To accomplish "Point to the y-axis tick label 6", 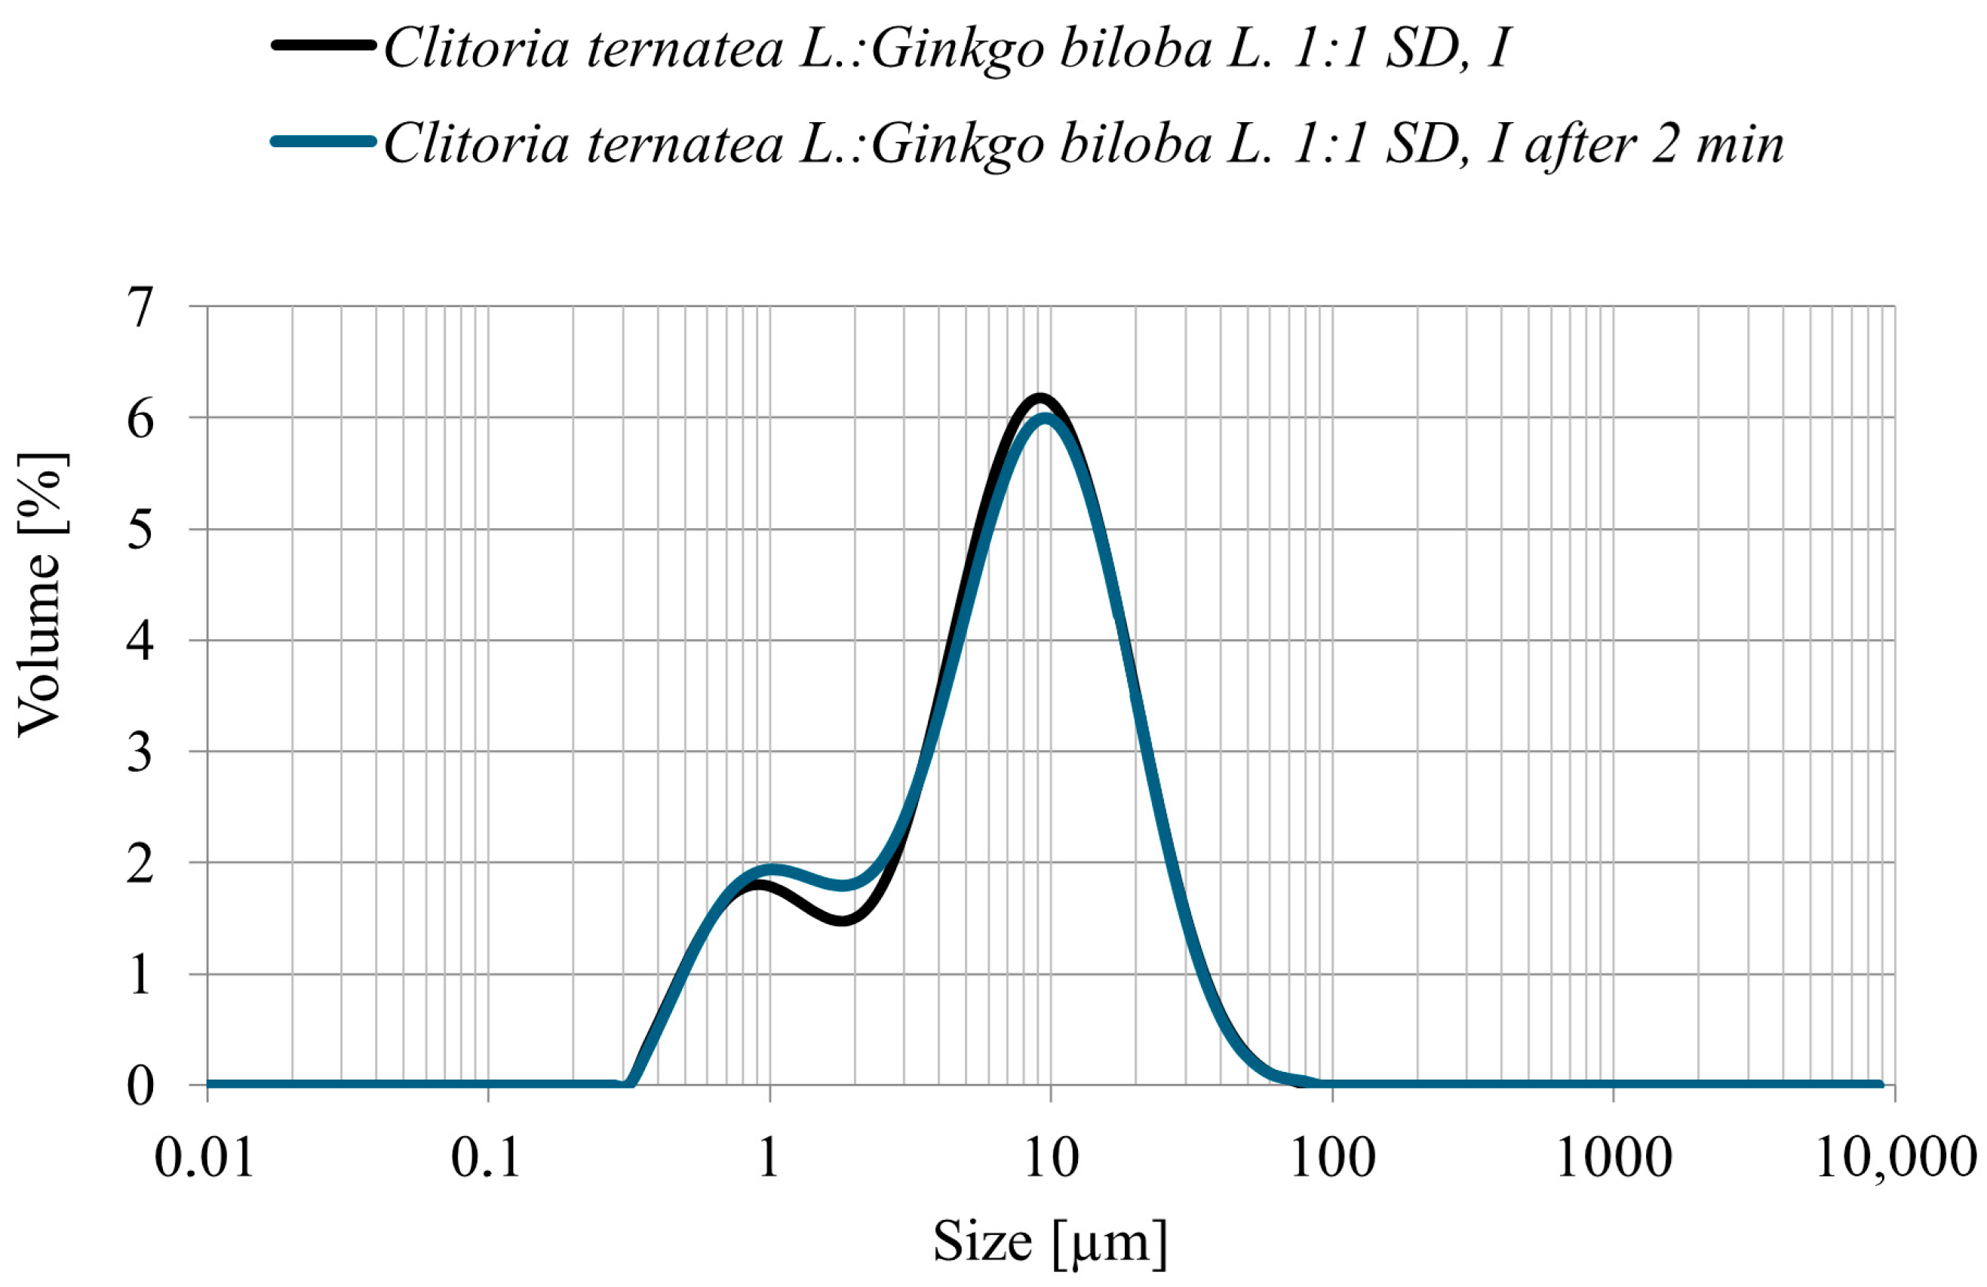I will point(140,419).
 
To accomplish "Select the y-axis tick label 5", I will point(140,530).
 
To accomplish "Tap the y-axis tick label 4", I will point(140,641).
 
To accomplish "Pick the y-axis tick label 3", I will point(140,752).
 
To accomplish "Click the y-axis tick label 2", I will point(140,864).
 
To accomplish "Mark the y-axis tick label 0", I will point(140,1086).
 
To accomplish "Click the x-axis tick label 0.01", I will point(205,1159).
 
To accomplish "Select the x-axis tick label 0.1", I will point(487,1159).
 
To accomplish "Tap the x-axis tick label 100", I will point(1332,1159).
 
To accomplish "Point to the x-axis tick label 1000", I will point(1614,1159).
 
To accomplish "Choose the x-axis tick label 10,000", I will point(1896,1159).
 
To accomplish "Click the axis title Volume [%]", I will point(41,594).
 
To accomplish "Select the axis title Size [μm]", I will point(1049,1242).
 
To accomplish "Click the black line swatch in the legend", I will point(322,46).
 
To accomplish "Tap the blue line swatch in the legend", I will point(322,141).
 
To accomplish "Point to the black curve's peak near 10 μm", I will point(1040,398).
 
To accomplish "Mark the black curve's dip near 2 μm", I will point(843,920).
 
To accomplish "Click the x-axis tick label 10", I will point(1050,1159).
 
